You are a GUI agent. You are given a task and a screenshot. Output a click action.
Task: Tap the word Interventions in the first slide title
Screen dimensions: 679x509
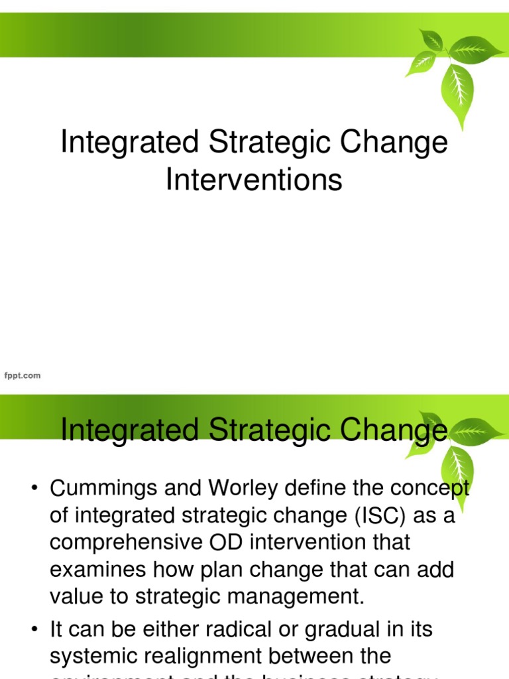coord(254,179)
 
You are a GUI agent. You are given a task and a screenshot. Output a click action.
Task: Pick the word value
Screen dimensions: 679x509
coord(76,595)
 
